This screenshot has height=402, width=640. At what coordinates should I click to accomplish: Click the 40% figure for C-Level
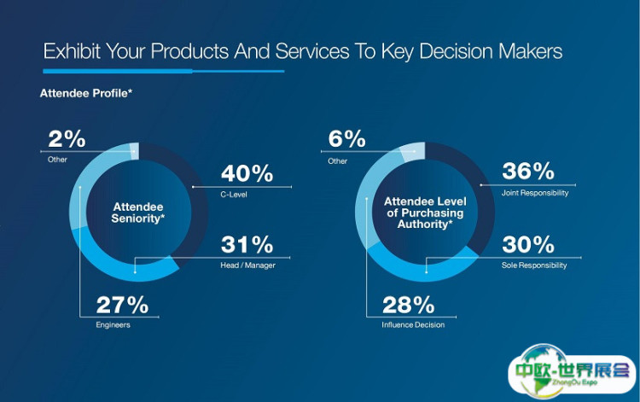pos(247,173)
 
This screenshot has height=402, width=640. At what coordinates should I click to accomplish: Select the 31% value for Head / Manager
pos(247,244)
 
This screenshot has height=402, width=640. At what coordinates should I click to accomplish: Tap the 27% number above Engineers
pos(123,304)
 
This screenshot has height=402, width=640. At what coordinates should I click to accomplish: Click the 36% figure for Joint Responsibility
pos(528,172)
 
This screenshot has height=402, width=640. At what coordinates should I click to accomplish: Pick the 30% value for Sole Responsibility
pos(528,244)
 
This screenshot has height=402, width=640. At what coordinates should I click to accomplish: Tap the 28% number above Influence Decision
pos(409,304)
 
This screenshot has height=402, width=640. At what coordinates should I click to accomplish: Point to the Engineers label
pos(113,324)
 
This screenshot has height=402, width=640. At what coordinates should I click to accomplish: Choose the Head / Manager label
pos(248,265)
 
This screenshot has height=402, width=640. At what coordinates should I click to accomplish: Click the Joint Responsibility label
pos(535,194)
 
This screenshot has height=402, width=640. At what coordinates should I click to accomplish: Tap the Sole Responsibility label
pos(534,265)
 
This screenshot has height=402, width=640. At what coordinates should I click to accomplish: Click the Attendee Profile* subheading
pos(86,93)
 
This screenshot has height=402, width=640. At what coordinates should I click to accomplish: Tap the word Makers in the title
pos(527,51)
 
